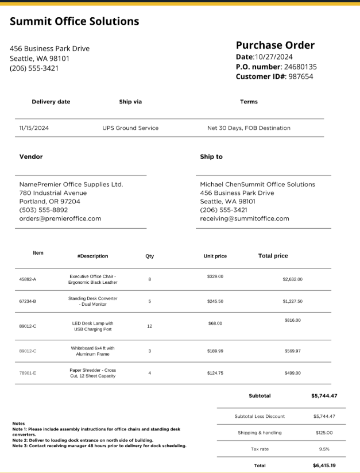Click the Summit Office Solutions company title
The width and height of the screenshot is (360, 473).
74,22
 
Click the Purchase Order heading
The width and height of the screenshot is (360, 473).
275,45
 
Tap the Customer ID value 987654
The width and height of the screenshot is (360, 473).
301,76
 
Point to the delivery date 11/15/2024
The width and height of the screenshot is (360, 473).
34,128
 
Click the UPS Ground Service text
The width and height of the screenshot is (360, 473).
130,128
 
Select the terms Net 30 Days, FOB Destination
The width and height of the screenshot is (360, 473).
249,128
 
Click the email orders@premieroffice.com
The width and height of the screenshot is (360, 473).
60,218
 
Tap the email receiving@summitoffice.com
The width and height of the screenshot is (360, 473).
245,218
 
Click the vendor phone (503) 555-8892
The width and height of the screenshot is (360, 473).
44,210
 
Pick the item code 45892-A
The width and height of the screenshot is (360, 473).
28,279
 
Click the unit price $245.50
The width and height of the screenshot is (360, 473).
215,301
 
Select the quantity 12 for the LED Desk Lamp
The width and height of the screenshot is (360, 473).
149,326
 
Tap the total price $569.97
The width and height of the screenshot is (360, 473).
292,351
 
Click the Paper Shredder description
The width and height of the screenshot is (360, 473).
92,373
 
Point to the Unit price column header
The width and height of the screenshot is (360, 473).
215,256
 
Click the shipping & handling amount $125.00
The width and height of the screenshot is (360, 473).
324,433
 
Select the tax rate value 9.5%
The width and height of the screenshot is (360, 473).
324,449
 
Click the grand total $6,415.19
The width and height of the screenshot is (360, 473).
324,466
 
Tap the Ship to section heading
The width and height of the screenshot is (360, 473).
211,157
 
